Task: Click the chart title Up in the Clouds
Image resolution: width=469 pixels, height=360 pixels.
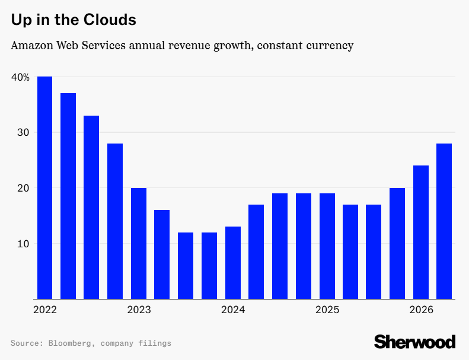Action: [x=74, y=20]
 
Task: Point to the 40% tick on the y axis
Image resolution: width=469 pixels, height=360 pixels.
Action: [x=20, y=77]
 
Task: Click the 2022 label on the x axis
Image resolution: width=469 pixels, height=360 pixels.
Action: [x=44, y=310]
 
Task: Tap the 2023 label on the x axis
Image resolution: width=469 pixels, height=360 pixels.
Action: [x=139, y=310]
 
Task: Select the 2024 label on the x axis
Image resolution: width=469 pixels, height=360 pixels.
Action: [x=232, y=310]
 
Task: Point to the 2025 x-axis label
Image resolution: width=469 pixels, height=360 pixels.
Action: [x=327, y=310]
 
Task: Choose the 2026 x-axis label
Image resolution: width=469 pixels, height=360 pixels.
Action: [x=421, y=310]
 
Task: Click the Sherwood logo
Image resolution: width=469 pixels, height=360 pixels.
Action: [x=414, y=342]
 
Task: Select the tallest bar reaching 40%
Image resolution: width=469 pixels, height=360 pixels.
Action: [x=44, y=187]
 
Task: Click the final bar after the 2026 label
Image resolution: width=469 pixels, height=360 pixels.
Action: [x=444, y=221]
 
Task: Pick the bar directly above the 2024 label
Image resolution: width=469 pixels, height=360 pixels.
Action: [x=232, y=263]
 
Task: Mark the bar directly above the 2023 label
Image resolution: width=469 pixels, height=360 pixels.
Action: [x=139, y=243]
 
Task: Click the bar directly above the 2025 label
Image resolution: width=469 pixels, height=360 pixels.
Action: [x=327, y=246]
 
